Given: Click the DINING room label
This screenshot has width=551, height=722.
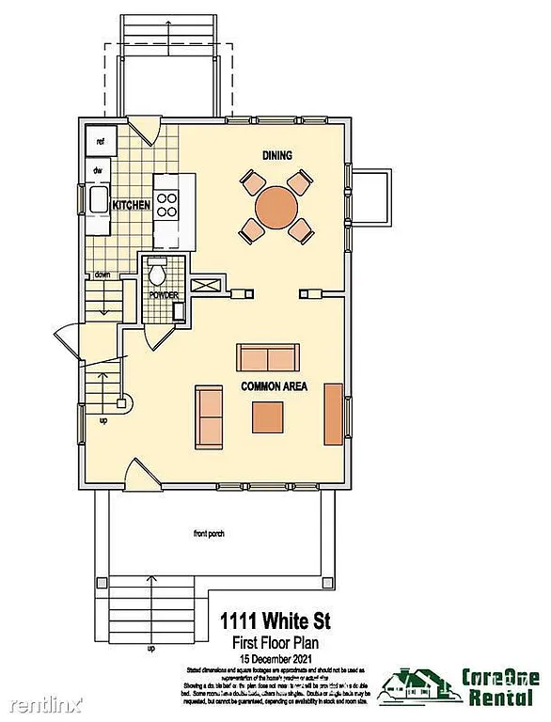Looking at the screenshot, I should [278, 155].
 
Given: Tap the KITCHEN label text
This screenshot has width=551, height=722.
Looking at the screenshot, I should [132, 205].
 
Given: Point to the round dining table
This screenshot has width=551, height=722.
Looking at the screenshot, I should [276, 205].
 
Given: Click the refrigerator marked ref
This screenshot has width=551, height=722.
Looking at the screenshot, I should [99, 142].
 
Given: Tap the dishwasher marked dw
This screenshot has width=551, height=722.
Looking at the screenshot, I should [97, 170].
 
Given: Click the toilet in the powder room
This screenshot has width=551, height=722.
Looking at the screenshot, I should [157, 273].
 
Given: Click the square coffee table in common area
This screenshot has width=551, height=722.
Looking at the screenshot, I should [267, 416].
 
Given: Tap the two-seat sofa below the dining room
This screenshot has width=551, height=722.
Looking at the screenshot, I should [268, 358].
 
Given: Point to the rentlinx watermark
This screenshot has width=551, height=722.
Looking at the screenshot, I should [42, 703].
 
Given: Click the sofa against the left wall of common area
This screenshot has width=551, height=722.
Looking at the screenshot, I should [209, 416].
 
